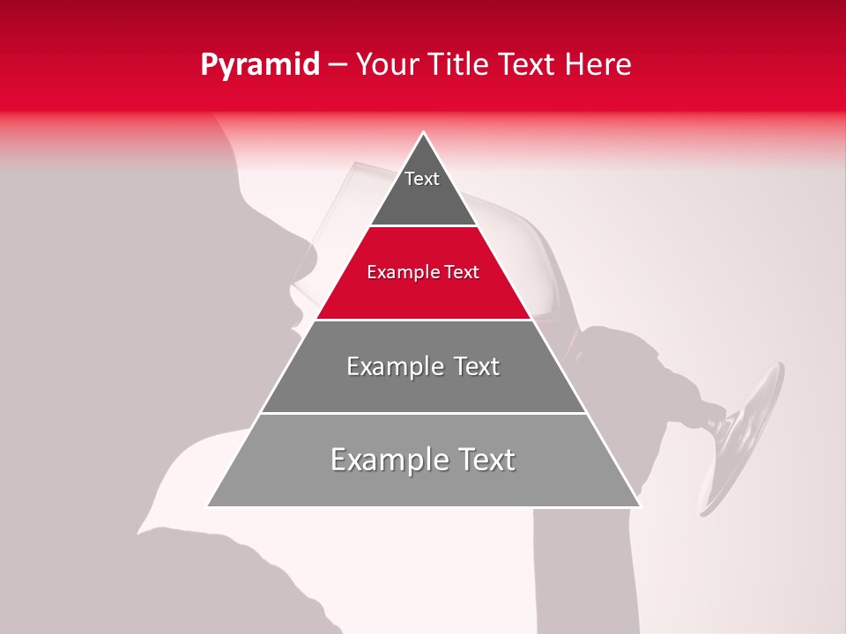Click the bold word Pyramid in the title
click(259, 64)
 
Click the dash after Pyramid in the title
click(336, 64)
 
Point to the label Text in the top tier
click(422, 179)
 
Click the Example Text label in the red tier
click(423, 272)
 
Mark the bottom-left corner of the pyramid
click(208, 506)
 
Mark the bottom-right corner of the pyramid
click(640, 506)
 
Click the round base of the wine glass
click(745, 440)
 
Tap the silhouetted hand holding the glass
click(643, 370)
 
